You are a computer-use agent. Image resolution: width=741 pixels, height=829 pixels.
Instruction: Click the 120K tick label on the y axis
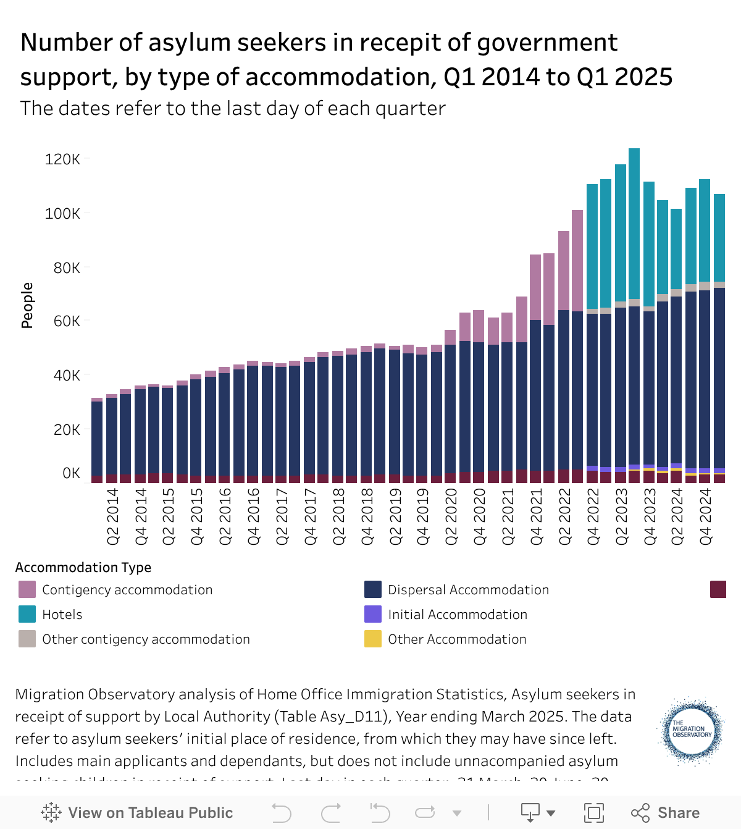[62, 159]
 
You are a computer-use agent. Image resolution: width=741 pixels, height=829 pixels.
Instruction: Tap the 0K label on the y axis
[71, 473]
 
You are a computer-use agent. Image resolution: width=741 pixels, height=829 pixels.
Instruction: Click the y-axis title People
[27, 305]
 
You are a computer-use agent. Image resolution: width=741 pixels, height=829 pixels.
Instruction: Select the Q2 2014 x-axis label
[113, 516]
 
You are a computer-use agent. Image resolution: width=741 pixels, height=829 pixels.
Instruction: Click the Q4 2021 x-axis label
[537, 516]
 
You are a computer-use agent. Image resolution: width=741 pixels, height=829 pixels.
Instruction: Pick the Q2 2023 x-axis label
[621, 516]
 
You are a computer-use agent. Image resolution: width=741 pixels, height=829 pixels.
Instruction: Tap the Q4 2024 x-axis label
[706, 516]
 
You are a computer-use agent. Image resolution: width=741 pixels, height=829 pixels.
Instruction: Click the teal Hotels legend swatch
[27, 614]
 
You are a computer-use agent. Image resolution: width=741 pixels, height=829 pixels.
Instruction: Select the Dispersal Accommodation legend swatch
[373, 589]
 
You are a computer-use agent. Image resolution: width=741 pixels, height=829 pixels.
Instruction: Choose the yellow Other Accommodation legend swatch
[373, 639]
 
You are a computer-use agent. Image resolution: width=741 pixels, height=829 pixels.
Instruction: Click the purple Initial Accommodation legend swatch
[373, 614]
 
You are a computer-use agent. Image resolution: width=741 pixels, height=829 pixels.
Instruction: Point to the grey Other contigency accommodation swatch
[27, 639]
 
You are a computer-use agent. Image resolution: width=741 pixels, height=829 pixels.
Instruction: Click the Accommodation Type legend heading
[83, 567]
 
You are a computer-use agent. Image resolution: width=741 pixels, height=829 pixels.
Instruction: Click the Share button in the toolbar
[666, 812]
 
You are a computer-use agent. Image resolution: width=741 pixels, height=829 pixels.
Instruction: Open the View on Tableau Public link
[137, 812]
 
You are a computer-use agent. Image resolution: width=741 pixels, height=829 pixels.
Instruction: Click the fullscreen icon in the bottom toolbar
[593, 812]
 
